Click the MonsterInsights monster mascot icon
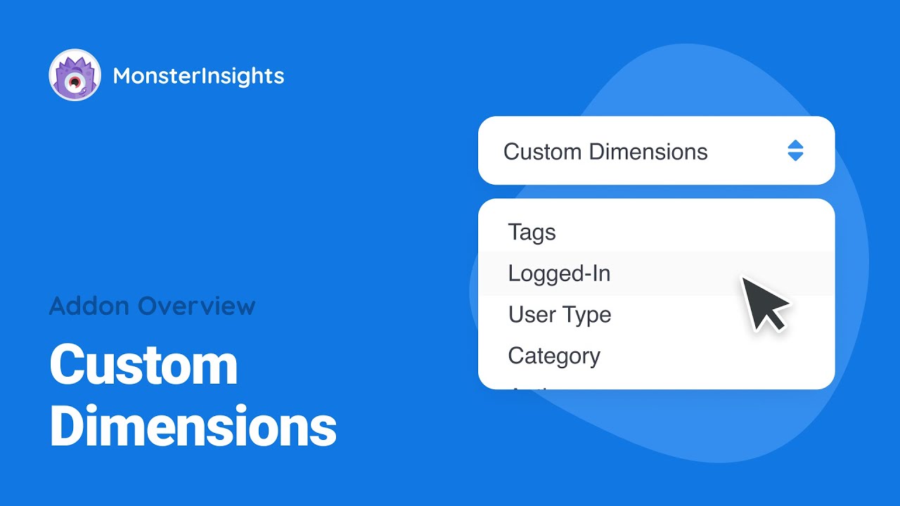tap(75, 75)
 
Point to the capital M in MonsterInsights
tap(122, 76)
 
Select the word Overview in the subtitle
tap(197, 306)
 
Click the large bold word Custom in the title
tap(143, 365)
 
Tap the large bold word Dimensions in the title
tap(193, 427)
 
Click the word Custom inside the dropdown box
tap(543, 152)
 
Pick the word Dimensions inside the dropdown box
tap(648, 152)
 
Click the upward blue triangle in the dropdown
tap(795, 145)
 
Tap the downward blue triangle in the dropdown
tap(795, 157)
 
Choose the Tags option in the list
tap(532, 233)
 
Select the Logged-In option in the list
tap(559, 273)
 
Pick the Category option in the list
tap(554, 356)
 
